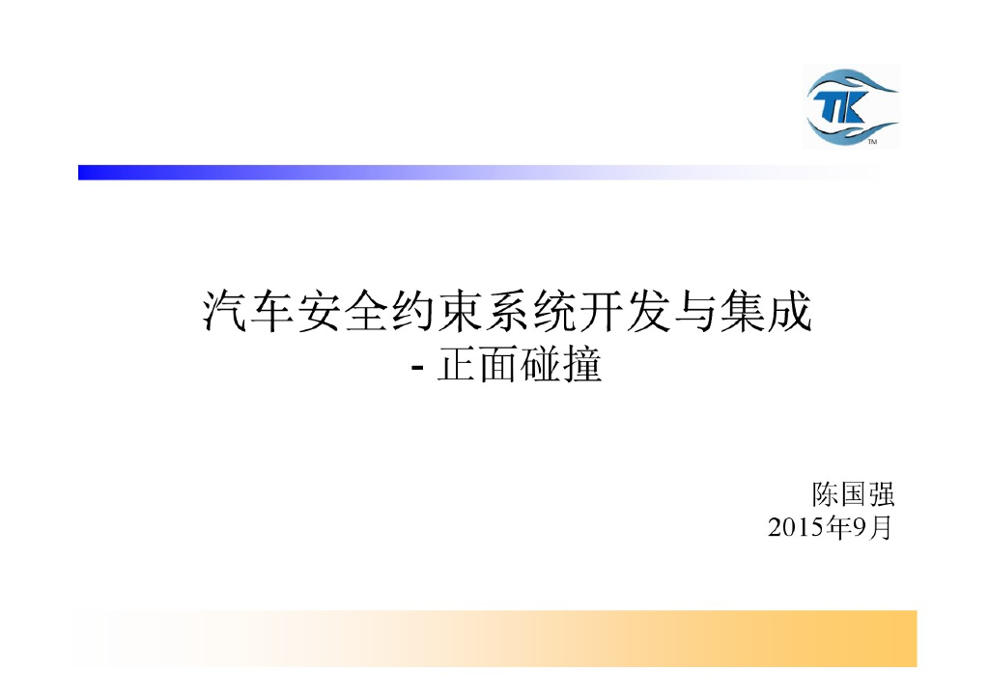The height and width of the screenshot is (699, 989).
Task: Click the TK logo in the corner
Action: point(850,106)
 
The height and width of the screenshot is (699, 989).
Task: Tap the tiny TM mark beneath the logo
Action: point(872,143)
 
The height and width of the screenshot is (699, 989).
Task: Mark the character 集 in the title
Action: point(741,313)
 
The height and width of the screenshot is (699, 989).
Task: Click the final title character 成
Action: point(788,313)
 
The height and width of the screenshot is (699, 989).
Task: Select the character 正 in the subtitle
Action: point(457,367)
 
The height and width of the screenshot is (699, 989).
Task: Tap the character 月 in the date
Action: point(879,529)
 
